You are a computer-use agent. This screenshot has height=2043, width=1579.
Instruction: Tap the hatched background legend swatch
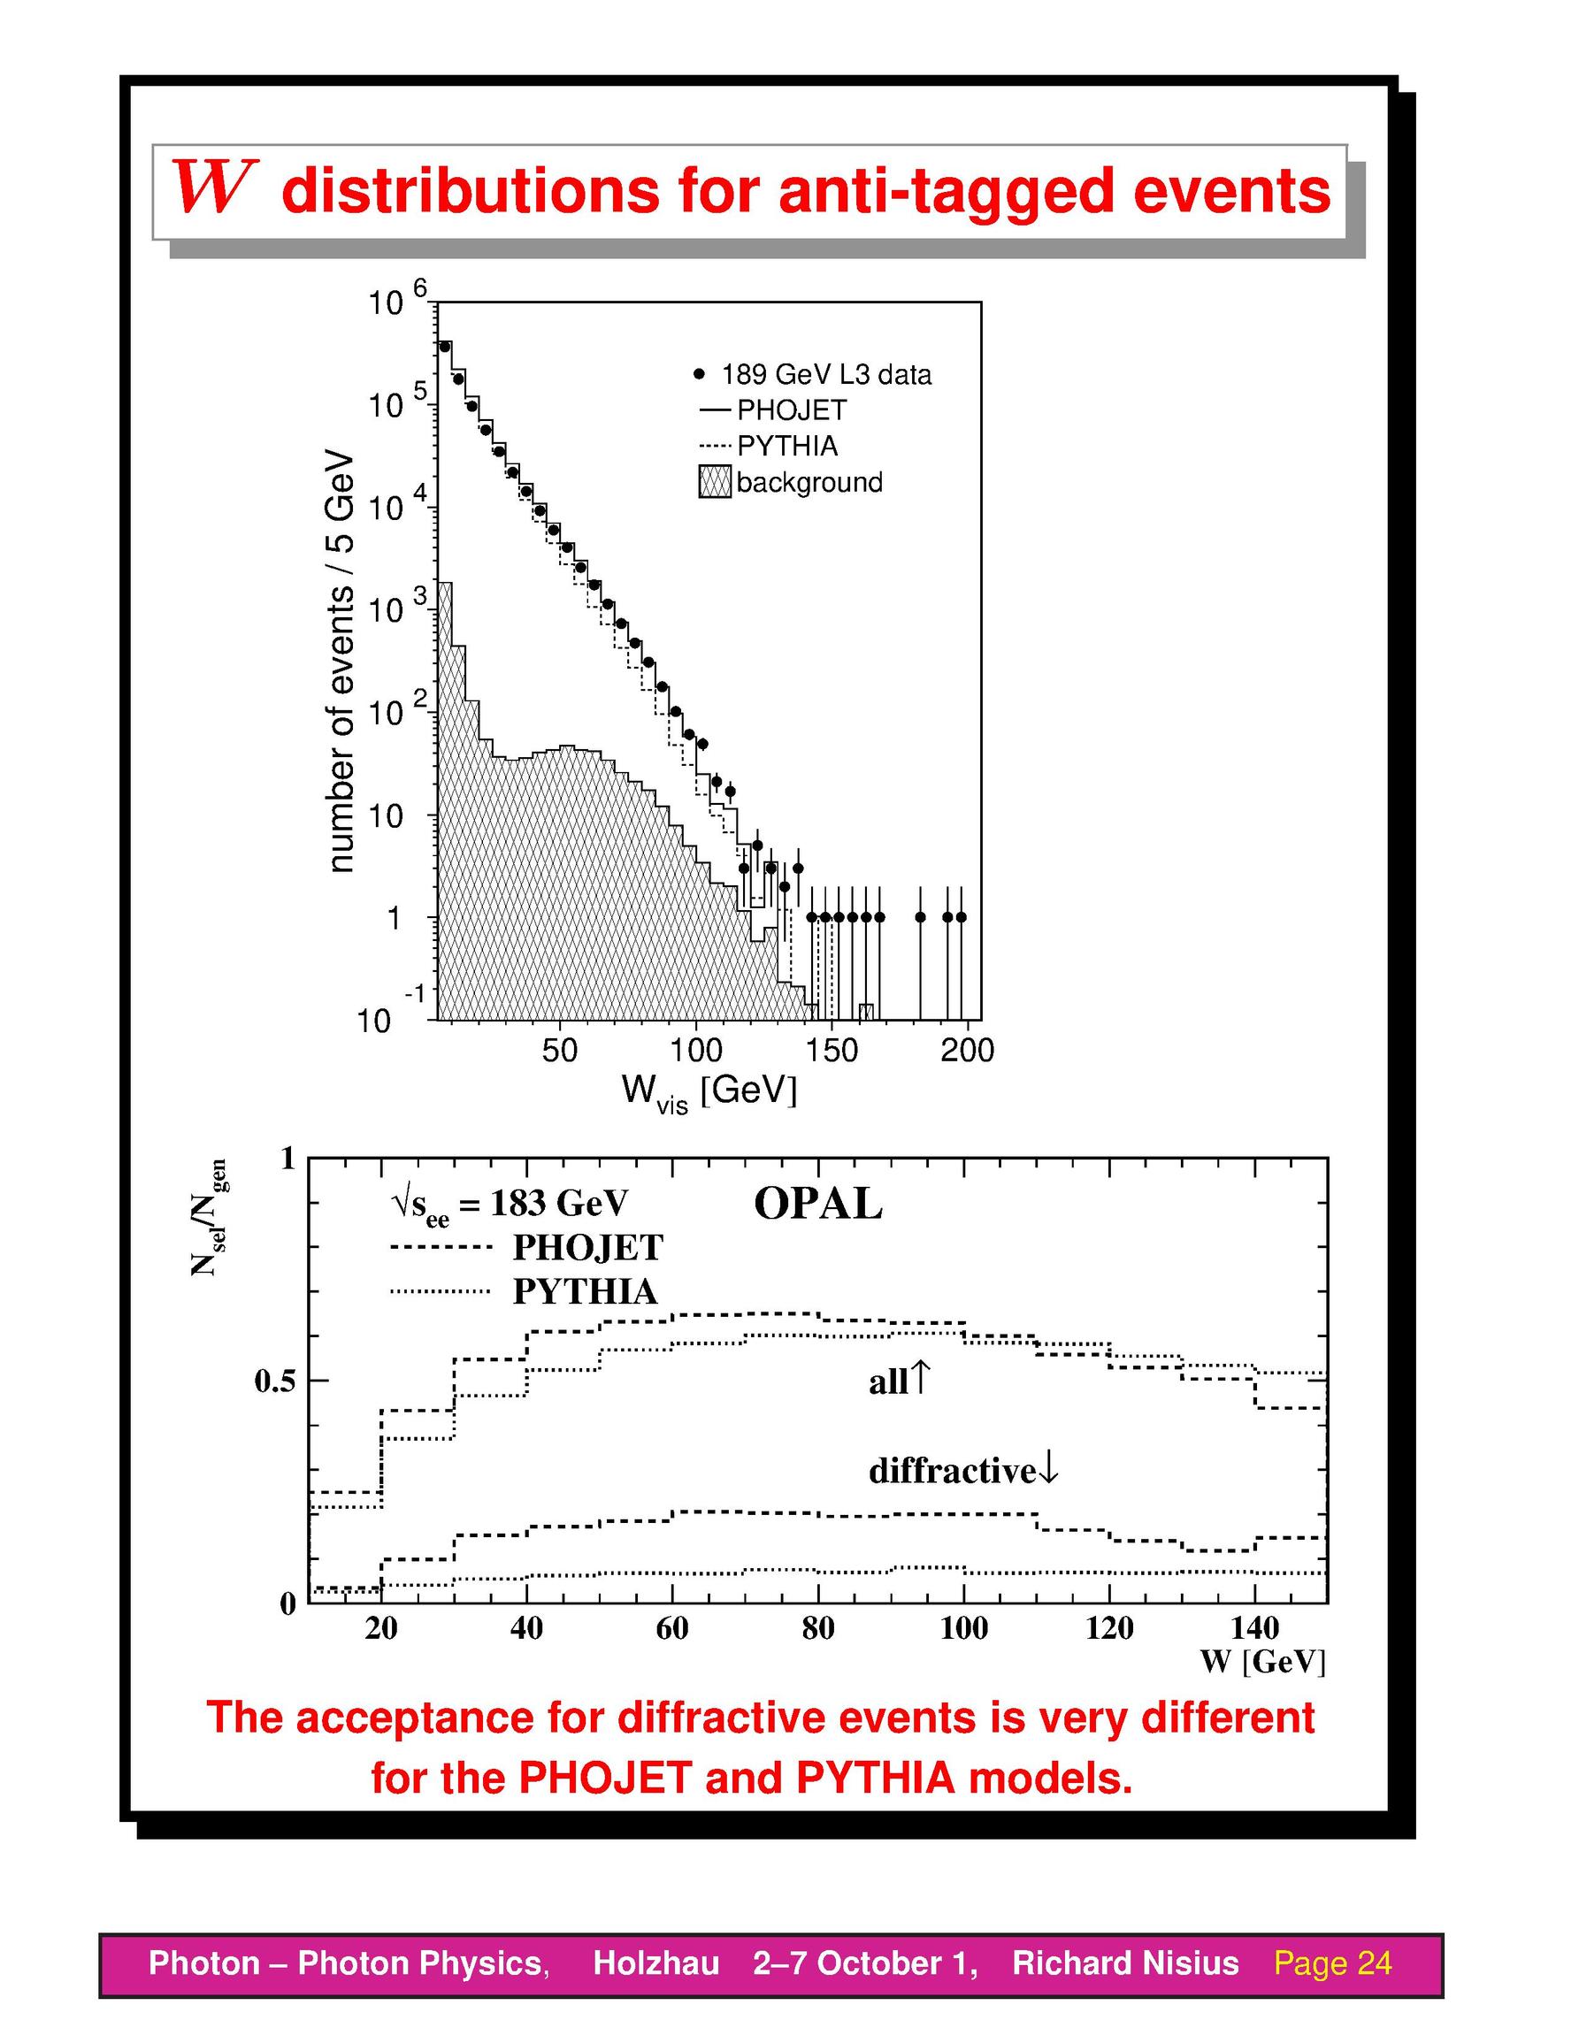coord(715,483)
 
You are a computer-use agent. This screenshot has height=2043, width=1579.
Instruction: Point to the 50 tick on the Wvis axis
coord(559,1052)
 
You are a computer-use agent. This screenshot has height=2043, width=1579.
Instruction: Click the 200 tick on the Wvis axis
coord(967,1052)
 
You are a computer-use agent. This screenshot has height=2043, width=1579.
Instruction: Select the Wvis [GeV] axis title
coord(709,1093)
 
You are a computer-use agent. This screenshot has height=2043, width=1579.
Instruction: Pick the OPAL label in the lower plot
coord(817,1205)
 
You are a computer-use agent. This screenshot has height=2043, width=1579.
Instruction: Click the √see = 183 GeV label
coord(510,1205)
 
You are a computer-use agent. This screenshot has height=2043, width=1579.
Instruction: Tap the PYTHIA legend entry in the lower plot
coord(525,1292)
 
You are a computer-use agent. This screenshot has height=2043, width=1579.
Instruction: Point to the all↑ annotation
coord(899,1381)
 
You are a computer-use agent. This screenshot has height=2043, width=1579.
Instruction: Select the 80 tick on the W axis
coord(817,1628)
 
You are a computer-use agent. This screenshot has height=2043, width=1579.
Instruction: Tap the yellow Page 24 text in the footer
coord(1333,1963)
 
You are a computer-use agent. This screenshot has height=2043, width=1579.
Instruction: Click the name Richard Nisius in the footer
coord(1125,1963)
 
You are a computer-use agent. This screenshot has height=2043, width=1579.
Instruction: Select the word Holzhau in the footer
coord(655,1963)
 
